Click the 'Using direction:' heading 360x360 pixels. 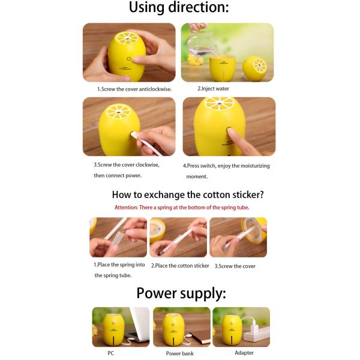click(179, 7)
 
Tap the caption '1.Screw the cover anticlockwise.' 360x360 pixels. click(134, 89)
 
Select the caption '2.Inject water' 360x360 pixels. click(213, 89)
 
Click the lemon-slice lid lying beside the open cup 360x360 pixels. click(255, 68)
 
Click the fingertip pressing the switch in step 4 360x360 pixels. click(232, 133)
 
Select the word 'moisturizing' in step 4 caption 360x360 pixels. click(255, 166)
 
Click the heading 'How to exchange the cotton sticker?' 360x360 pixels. click(188, 194)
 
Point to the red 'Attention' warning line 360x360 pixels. click(182, 208)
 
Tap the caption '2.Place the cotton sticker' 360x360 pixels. click(180, 266)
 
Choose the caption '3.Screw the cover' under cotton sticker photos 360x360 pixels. click(235, 266)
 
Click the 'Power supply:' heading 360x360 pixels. click(181, 293)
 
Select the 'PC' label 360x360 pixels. click(110, 353)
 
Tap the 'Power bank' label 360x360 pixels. click(180, 353)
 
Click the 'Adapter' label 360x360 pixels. click(244, 353)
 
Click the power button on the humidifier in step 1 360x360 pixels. click(129, 59)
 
